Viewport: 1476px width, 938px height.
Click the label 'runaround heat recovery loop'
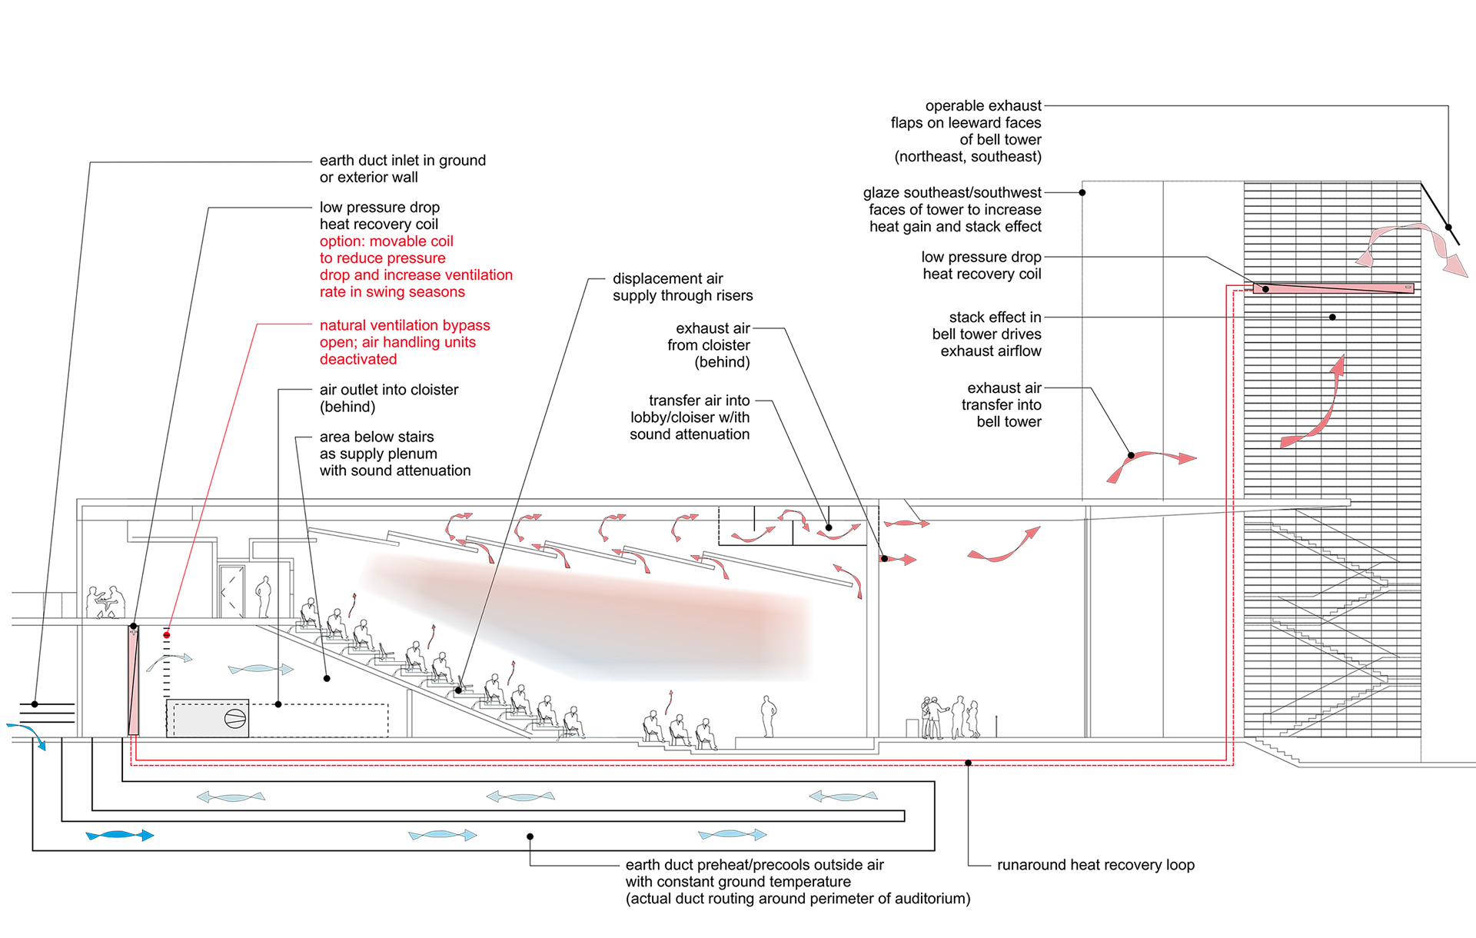[1095, 865]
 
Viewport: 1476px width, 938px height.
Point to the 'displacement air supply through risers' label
[682, 287]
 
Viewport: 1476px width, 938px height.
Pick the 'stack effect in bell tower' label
[987, 334]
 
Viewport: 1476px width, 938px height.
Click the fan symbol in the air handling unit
[234, 719]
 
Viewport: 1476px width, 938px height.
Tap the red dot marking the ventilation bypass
[167, 635]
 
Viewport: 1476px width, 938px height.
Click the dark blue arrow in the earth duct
[120, 835]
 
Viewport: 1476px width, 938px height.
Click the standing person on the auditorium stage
[768, 716]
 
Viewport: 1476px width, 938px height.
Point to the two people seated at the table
[105, 601]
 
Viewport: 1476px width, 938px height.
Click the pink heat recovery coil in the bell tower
[1333, 288]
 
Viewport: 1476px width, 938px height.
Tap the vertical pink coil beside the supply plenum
[134, 680]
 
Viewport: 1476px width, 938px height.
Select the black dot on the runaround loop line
[968, 763]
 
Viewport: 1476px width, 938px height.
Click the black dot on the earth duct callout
[530, 837]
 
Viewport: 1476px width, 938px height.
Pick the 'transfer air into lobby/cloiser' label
[690, 417]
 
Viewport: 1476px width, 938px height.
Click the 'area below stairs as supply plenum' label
[394, 454]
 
